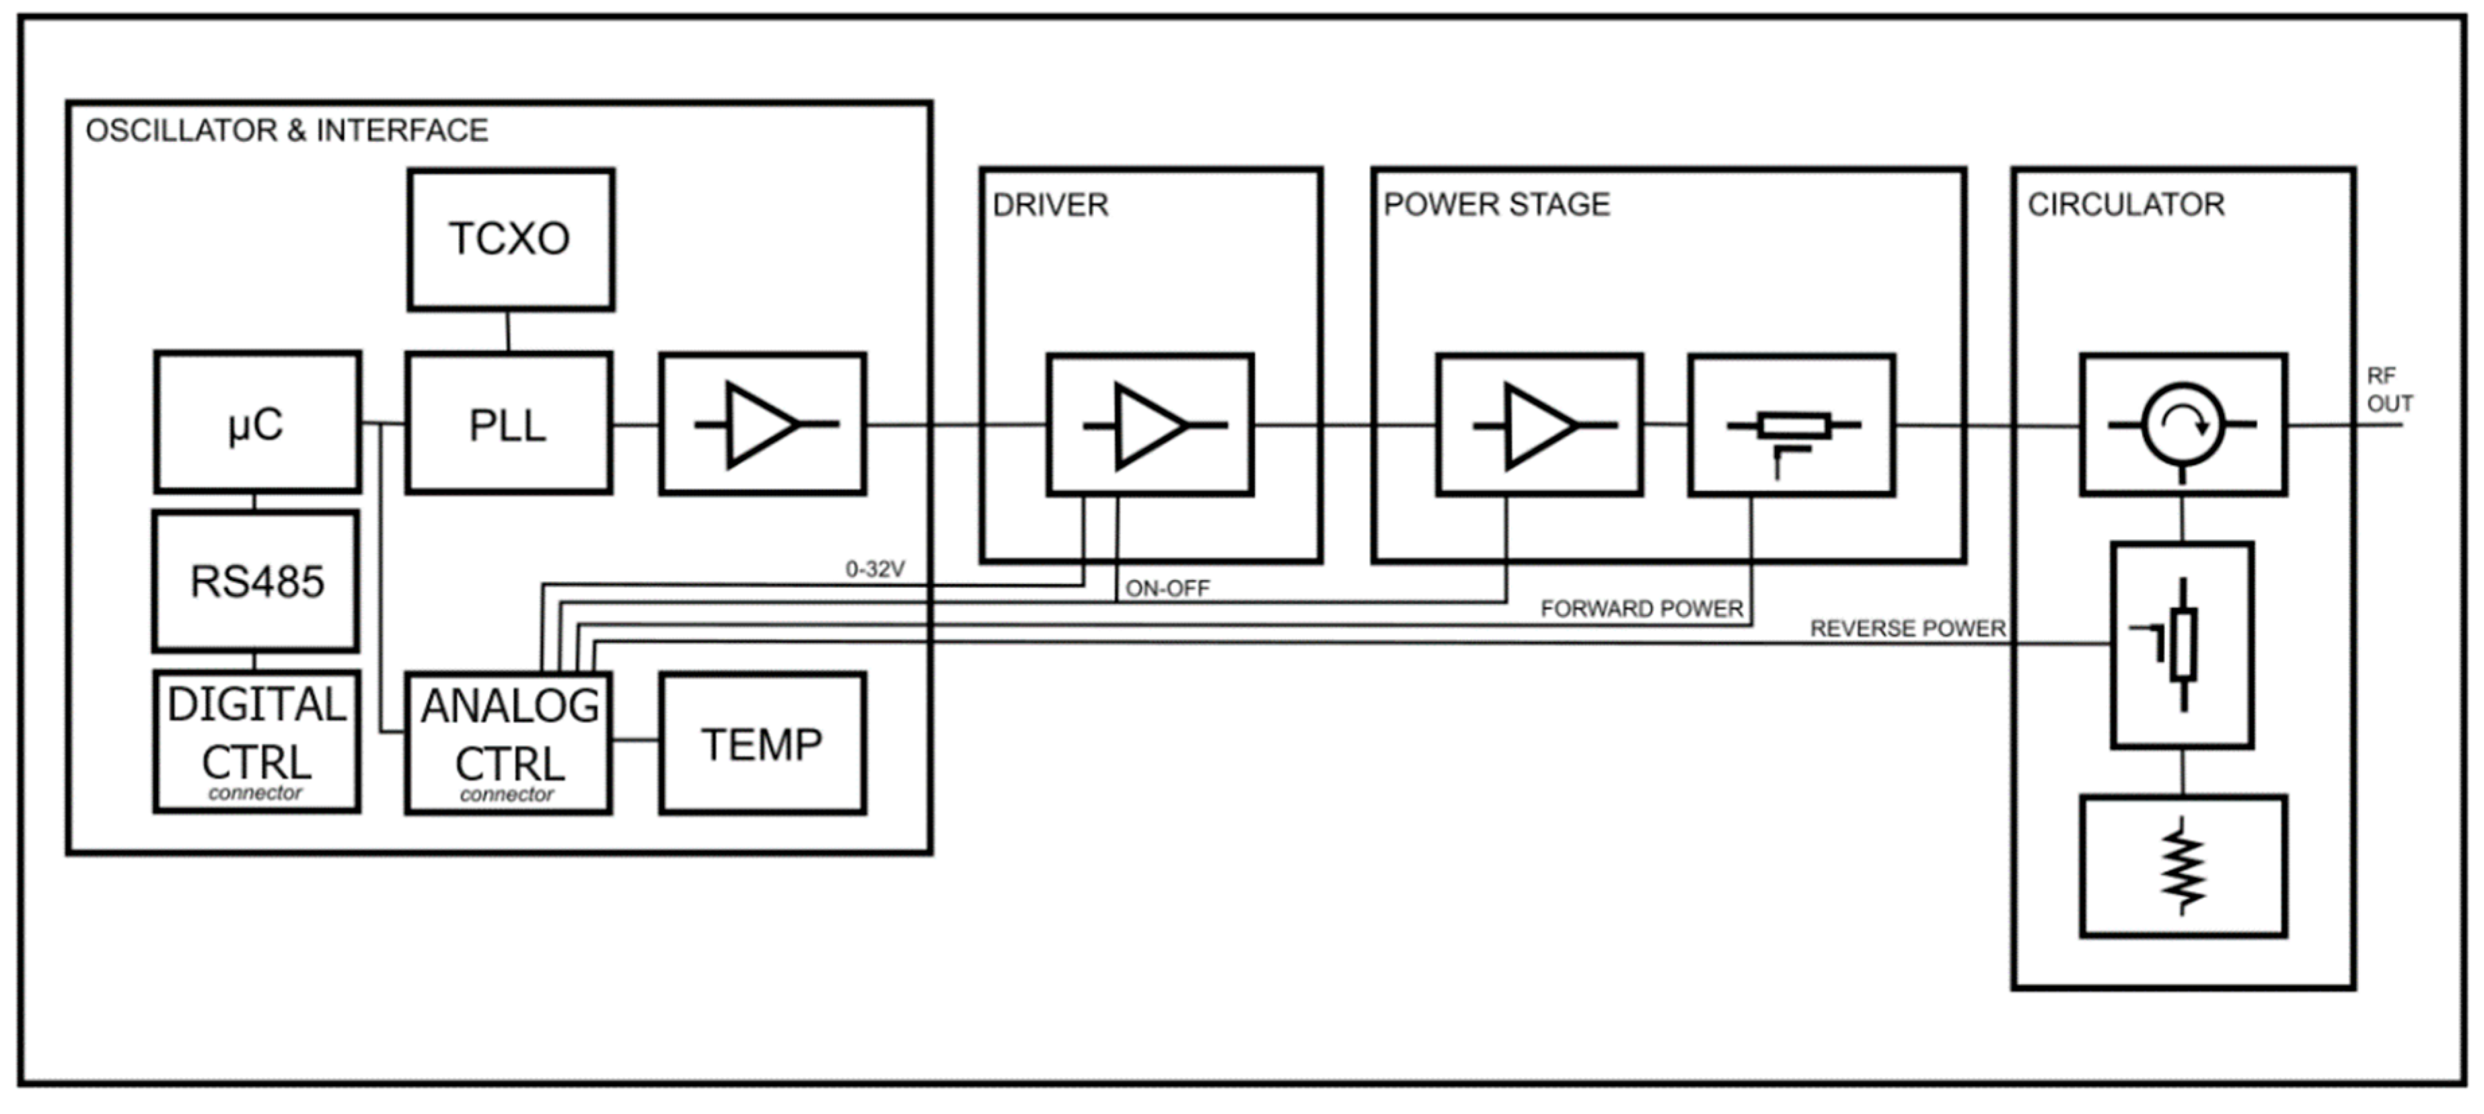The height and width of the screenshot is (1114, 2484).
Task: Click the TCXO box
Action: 510,239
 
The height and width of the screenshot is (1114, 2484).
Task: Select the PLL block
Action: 508,424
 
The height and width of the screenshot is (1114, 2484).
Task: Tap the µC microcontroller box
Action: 258,423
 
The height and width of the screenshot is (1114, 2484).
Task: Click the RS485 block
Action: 256,582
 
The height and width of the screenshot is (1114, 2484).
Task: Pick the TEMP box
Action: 762,743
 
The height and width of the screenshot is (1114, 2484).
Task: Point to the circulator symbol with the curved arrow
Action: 2183,424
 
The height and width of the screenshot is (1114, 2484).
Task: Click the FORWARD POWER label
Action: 1641,609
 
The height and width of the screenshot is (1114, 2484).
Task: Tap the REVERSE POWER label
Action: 1907,629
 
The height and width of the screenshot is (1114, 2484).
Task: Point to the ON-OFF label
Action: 1167,589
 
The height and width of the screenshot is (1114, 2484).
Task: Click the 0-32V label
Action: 875,569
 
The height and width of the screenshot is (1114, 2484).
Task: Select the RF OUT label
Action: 2388,389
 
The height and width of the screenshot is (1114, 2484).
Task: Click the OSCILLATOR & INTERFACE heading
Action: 287,131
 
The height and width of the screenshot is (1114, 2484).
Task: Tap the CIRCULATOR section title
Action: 2126,205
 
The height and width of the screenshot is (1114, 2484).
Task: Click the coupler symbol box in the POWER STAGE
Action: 1792,425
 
